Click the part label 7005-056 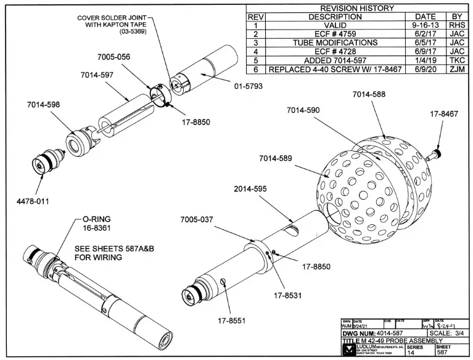coord(115,57)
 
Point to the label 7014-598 coord(43,105)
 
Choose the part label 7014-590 coord(303,110)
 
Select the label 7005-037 coord(197,220)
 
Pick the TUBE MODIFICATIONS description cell coord(335,43)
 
